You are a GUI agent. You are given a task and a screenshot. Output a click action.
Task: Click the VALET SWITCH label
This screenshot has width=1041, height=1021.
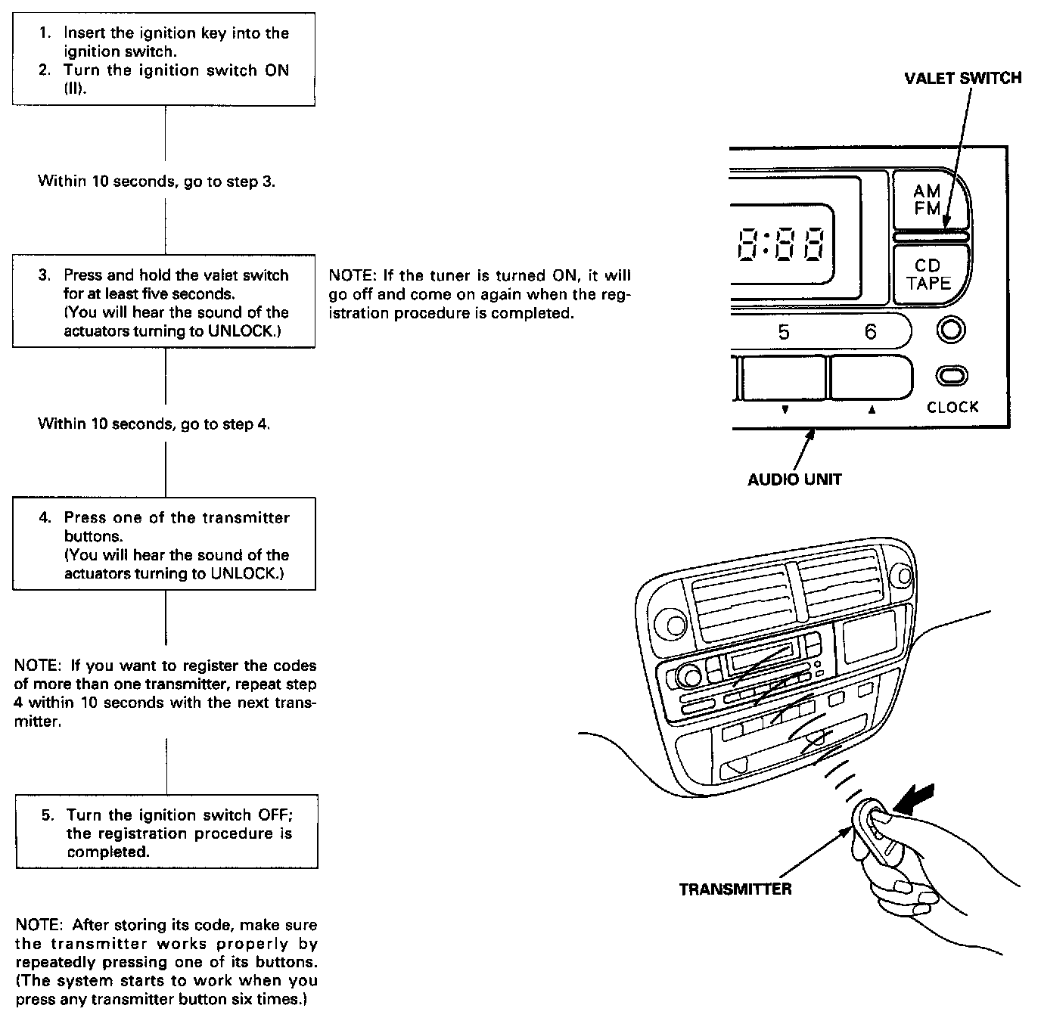pyautogui.click(x=962, y=78)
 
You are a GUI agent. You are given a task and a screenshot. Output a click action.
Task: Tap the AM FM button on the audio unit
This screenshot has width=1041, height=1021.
pyautogui.click(x=928, y=200)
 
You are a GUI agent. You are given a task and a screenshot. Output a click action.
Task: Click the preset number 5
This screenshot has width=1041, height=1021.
pyautogui.click(x=784, y=332)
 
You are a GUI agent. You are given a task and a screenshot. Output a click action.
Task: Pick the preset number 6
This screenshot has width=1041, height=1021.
pyautogui.click(x=870, y=332)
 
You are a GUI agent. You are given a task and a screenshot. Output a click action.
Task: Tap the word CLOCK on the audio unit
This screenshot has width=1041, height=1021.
pyautogui.click(x=952, y=407)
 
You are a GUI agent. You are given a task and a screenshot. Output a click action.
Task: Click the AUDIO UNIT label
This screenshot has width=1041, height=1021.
pyautogui.click(x=794, y=479)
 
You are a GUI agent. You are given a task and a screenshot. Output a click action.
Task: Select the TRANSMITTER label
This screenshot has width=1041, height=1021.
pyautogui.click(x=735, y=889)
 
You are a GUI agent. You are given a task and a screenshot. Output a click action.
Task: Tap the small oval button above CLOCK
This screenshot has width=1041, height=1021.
pyautogui.click(x=952, y=376)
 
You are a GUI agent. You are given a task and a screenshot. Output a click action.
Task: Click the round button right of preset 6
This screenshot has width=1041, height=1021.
pyautogui.click(x=952, y=330)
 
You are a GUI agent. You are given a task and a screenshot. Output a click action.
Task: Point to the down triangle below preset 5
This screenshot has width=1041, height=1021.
pyautogui.click(x=785, y=410)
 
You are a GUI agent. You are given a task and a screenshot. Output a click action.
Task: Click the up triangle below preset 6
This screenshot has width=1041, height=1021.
pyautogui.click(x=872, y=410)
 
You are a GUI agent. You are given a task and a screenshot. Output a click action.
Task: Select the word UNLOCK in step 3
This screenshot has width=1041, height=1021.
pyautogui.click(x=240, y=331)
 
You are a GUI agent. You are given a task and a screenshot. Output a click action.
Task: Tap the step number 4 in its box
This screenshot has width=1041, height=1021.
pyautogui.click(x=45, y=517)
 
